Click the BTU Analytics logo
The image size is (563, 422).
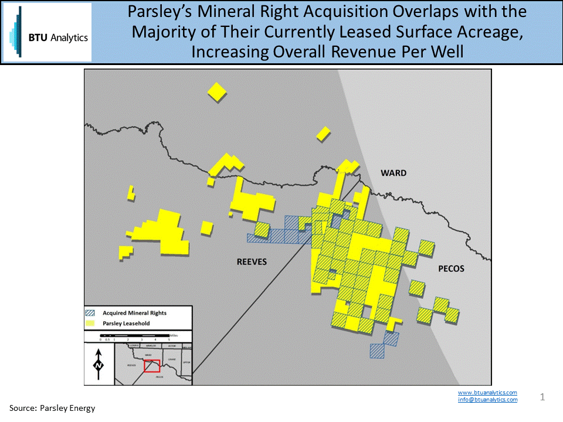click(x=47, y=32)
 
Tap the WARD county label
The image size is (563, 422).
click(x=393, y=173)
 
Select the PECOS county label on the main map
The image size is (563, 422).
click(x=450, y=268)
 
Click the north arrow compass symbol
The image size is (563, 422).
click(x=99, y=363)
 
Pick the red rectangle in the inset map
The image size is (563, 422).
click(x=152, y=366)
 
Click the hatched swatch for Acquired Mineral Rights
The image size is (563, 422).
click(x=91, y=313)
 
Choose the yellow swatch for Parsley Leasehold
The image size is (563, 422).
click(x=91, y=322)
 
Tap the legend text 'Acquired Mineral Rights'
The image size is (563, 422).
click(x=134, y=313)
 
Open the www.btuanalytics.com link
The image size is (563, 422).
click(x=487, y=392)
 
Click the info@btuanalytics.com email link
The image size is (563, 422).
click(x=487, y=400)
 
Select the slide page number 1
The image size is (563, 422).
click(x=542, y=397)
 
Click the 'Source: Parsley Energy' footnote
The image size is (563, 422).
click(x=52, y=408)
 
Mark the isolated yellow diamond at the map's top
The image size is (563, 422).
click(x=217, y=91)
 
